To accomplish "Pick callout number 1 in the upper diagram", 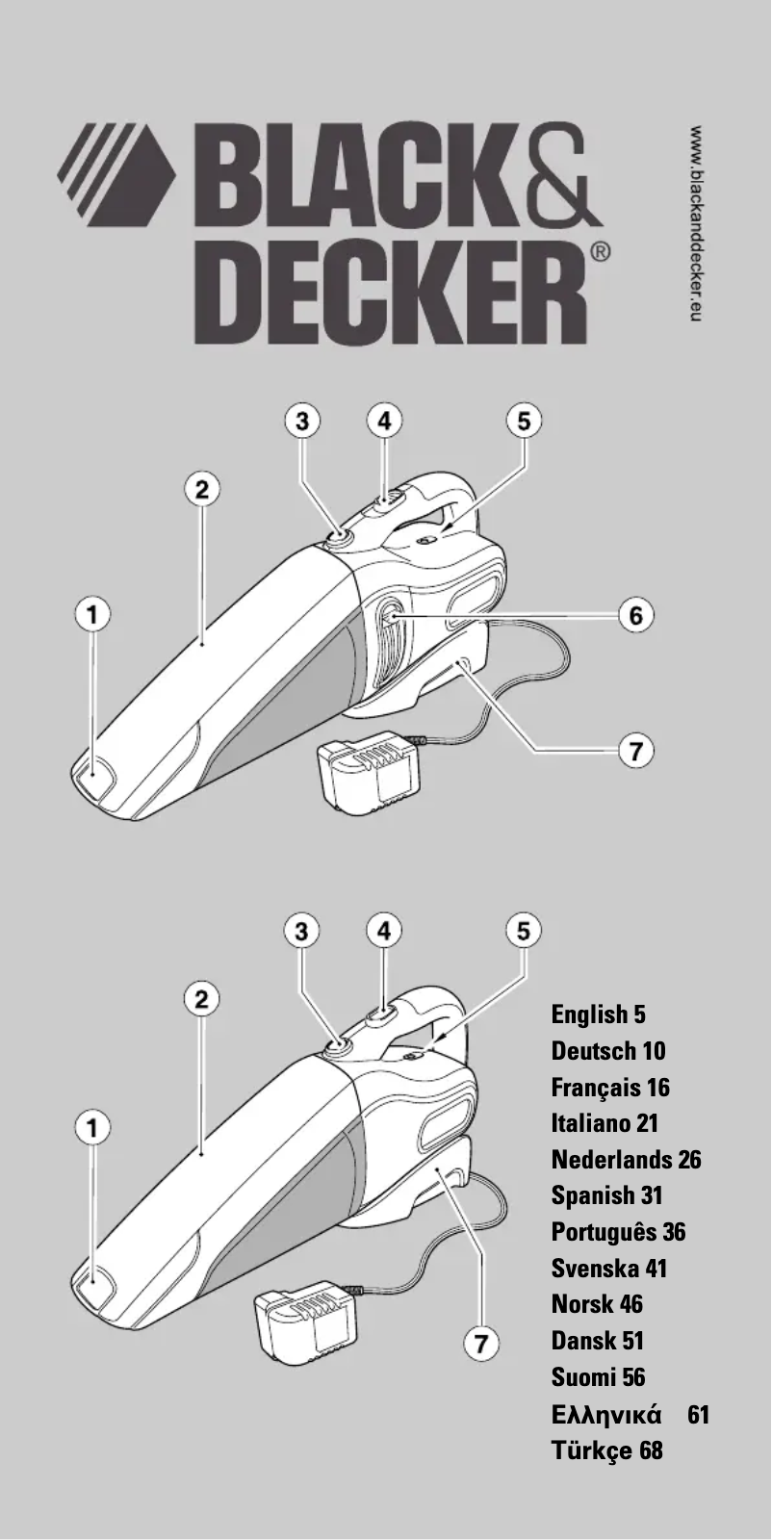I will (x=93, y=614).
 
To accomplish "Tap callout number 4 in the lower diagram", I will (x=384, y=930).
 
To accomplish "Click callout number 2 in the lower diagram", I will (x=201, y=998).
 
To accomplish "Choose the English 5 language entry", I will (x=598, y=1014).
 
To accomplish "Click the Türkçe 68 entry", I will (x=606, y=1450).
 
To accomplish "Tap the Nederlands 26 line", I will (x=626, y=1159).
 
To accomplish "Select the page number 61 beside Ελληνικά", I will (x=699, y=1414).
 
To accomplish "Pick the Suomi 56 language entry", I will (x=598, y=1376).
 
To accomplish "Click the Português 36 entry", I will (x=618, y=1232).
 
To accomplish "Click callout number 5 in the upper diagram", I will (x=524, y=421).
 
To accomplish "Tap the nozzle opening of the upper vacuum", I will (x=92, y=774).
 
